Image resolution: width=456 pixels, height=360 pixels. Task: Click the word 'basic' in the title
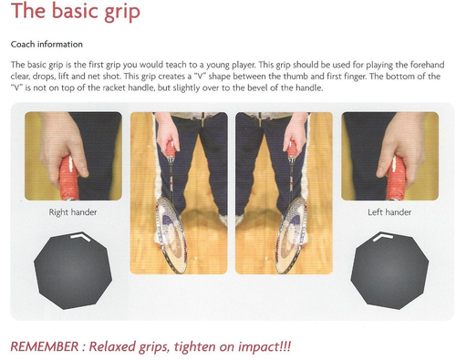[75, 11]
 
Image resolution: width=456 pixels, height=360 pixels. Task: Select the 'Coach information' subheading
[47, 45]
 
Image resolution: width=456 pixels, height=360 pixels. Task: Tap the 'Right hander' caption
[73, 212]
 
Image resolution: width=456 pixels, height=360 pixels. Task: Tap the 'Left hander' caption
[389, 212]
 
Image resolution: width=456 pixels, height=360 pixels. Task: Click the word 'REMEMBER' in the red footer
[44, 346]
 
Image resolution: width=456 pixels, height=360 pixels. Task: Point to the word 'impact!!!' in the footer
[264, 346]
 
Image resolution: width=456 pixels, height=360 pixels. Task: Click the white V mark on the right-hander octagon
[80, 236]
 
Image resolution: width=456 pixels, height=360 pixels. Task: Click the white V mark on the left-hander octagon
[383, 236]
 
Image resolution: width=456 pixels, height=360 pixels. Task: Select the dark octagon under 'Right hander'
[73, 272]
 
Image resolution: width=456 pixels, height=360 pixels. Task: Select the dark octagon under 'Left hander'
[389, 272]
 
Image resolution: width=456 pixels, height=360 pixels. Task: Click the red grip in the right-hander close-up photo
[68, 180]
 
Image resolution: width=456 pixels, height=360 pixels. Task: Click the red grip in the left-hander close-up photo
[397, 180]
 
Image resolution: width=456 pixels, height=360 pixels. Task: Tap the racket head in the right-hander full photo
[171, 235]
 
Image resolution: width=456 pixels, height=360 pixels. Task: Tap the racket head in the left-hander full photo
[291, 235]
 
